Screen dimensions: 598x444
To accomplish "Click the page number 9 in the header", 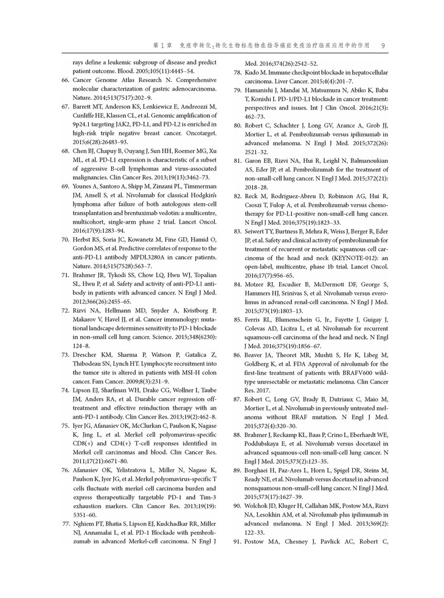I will [382, 45].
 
